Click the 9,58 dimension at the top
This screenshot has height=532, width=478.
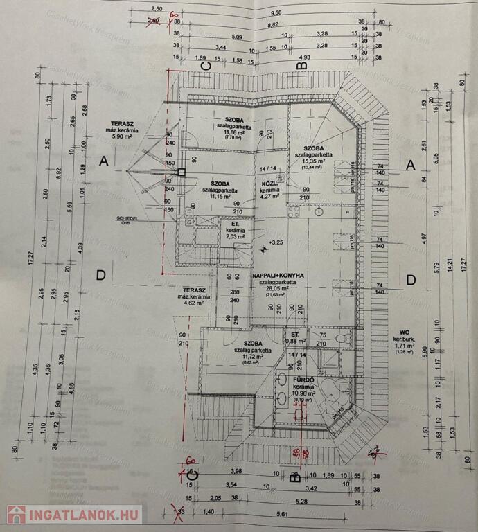click(x=276, y=12)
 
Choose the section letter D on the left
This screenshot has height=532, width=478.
click(x=101, y=276)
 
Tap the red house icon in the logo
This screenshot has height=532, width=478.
click(x=16, y=515)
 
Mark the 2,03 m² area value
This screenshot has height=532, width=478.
click(x=232, y=236)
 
